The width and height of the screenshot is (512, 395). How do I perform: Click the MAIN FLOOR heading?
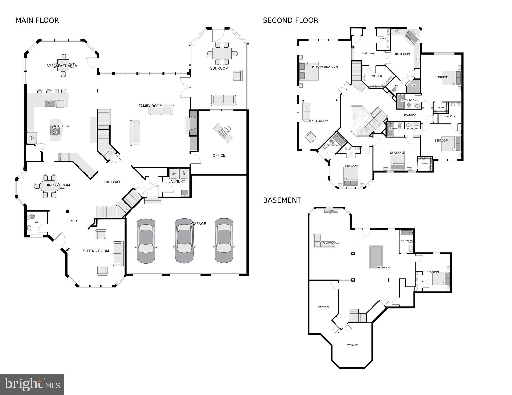(37, 20)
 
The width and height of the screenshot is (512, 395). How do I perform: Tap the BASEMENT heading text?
(282, 200)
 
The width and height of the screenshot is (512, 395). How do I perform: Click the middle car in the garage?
(184, 241)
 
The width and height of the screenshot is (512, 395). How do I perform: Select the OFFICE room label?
(219, 155)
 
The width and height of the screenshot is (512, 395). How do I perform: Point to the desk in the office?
(223, 133)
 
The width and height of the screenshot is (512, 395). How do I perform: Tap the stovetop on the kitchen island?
(55, 131)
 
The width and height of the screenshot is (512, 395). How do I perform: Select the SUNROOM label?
(219, 68)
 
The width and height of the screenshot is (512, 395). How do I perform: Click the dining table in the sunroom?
(222, 54)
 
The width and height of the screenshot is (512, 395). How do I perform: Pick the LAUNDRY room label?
(177, 181)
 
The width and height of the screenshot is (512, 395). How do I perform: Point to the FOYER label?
(71, 221)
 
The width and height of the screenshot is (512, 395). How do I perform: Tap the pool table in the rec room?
(376, 257)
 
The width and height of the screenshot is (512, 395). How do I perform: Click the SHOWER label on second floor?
(413, 86)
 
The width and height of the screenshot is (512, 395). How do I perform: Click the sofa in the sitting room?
(118, 253)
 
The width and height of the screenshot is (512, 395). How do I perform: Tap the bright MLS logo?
(32, 384)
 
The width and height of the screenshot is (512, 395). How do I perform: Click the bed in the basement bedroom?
(441, 279)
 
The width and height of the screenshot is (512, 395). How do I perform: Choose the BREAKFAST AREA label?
(62, 66)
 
